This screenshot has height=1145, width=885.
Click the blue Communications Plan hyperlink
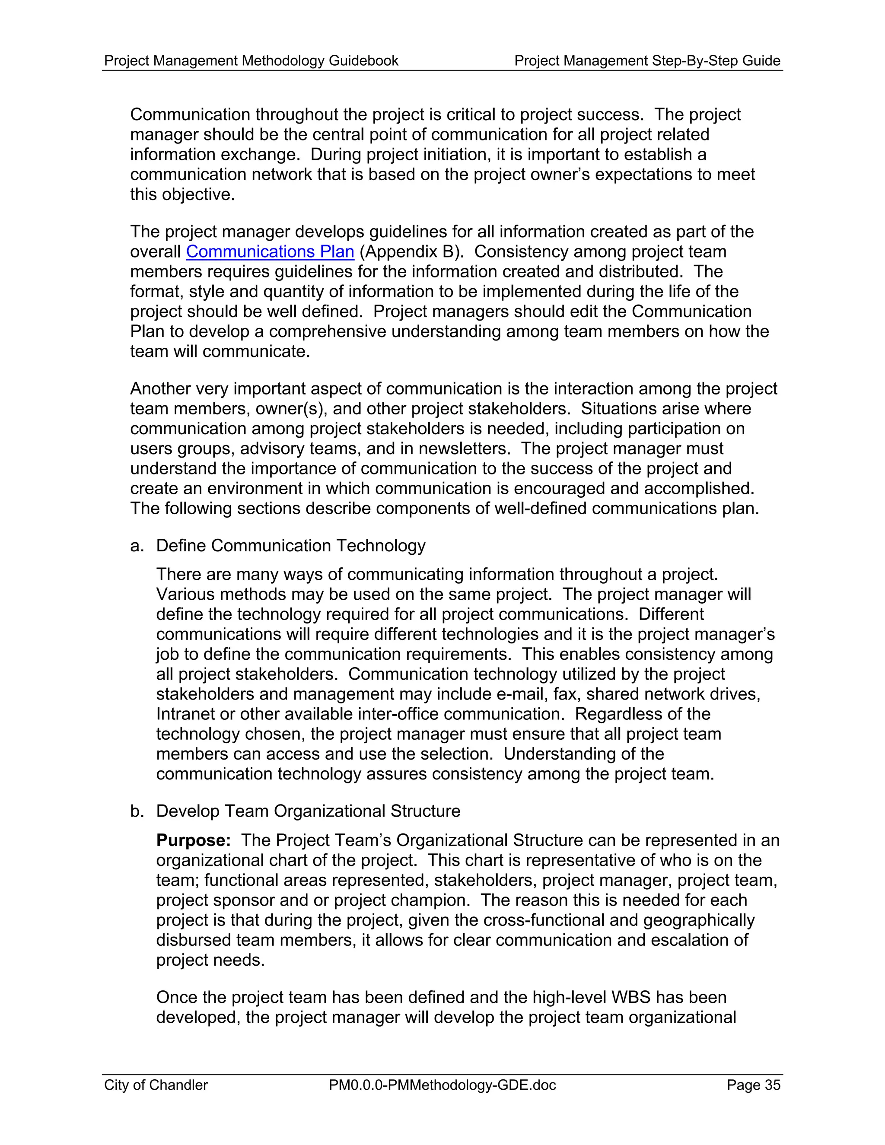[x=270, y=251]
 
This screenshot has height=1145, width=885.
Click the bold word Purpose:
[x=194, y=840]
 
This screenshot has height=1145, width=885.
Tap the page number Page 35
[x=753, y=1085]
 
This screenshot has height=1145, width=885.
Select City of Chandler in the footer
[x=156, y=1085]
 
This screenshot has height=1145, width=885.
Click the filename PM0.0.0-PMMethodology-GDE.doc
[x=442, y=1085]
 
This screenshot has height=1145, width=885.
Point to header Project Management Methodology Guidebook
[x=251, y=61]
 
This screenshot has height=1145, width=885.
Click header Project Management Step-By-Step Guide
[x=647, y=61]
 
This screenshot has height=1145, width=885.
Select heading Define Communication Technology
[x=290, y=546]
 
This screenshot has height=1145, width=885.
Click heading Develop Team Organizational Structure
[x=308, y=811]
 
